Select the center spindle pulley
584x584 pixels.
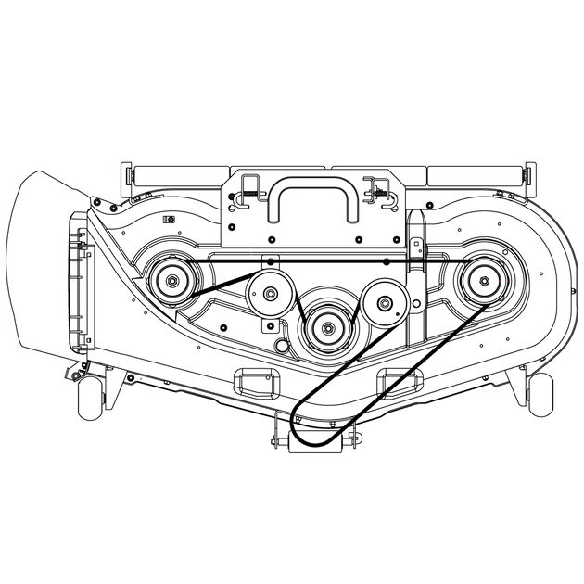[x=325, y=325]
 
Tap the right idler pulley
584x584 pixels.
[x=382, y=300]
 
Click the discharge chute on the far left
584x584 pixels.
[x=42, y=269]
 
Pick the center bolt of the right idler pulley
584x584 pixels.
[x=382, y=300]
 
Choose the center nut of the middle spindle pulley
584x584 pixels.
[x=325, y=325]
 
